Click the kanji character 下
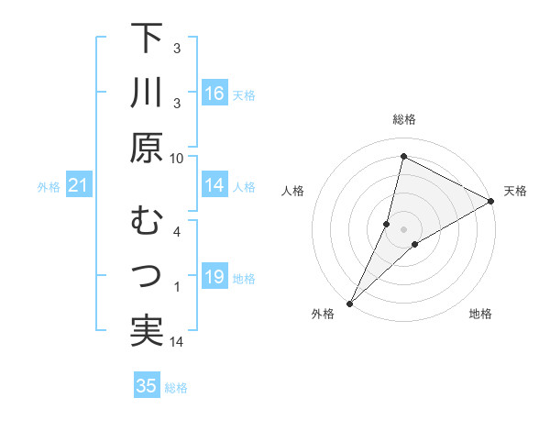147,39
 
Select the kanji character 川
147,94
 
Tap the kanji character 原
147,148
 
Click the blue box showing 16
214,94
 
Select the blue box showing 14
214,186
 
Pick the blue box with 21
78,186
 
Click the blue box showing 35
147,386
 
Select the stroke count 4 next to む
177,231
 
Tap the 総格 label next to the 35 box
176,387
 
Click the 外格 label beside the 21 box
49,187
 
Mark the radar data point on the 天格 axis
491,202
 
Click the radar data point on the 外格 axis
350,303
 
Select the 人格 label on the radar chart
293,191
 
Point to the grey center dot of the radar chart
403,228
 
